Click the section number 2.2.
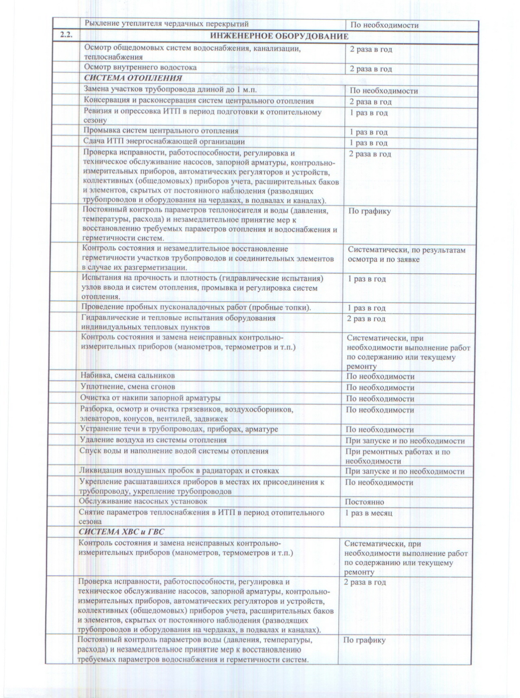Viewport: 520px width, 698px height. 66,35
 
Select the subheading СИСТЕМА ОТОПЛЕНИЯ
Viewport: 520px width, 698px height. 133,78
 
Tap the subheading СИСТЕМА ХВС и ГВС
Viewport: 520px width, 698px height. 122,532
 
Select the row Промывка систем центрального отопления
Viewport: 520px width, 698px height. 161,131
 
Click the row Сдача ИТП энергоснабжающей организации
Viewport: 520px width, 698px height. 164,142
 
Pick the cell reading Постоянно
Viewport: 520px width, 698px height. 364,502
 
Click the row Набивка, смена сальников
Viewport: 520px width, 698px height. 128,375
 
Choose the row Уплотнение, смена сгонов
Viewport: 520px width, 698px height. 128,386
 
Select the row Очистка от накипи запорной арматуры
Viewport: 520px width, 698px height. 150,397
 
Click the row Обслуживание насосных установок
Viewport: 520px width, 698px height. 143,501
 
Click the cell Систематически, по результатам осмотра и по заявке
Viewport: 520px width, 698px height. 406,255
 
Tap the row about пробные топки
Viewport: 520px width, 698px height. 196,307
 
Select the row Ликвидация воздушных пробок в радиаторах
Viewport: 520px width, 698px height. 179,471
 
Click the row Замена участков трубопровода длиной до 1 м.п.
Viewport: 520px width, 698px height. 170,90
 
